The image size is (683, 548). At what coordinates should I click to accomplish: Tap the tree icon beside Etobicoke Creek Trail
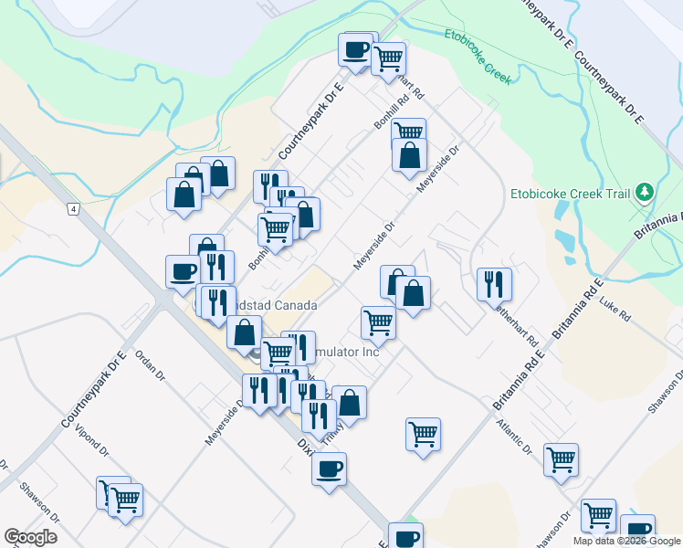pos(645,192)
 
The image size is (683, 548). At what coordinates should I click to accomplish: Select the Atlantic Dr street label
pos(514,437)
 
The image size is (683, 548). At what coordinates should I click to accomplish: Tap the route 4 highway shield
pos(71,209)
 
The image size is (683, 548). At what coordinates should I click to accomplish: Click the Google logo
pos(30,537)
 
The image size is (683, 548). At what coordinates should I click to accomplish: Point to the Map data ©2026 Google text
pos(626,541)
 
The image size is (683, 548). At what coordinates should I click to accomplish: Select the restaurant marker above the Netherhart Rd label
pos(494,283)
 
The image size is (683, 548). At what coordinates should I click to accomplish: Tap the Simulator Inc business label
pos(345,352)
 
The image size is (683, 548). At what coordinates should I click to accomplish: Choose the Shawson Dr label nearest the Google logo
pos(43,501)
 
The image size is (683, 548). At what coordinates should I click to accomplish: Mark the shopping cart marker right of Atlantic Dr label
pos(561,459)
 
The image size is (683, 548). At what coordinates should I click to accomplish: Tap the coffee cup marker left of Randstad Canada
pos(183,270)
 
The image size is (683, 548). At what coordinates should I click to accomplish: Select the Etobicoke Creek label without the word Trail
pos(477,55)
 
